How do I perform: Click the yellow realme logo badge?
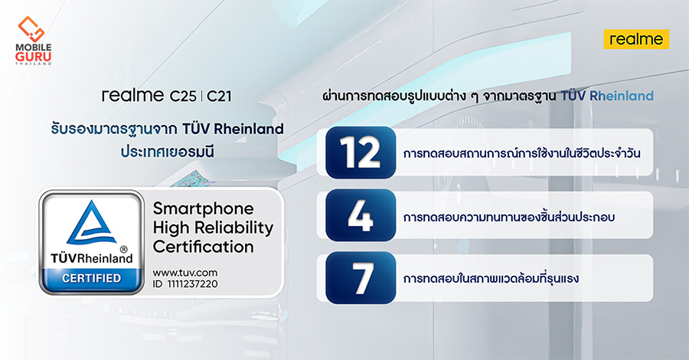tap(636, 39)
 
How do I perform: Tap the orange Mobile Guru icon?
tap(31, 29)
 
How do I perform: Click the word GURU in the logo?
tap(34, 57)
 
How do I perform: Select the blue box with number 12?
tap(361, 152)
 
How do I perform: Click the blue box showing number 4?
tap(361, 215)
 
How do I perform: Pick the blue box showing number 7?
tap(361, 278)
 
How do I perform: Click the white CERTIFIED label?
tap(91, 278)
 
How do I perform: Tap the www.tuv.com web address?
tap(185, 273)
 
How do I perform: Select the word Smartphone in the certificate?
tap(203, 209)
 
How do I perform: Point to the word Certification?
tap(203, 247)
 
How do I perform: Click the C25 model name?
tap(183, 96)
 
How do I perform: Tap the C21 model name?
tap(219, 96)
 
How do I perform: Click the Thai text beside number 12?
tap(521, 153)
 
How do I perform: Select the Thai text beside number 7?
tap(491, 278)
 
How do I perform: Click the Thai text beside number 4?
tap(508, 216)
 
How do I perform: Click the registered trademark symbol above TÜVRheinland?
tap(123, 249)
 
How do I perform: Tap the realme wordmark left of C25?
tap(133, 96)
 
